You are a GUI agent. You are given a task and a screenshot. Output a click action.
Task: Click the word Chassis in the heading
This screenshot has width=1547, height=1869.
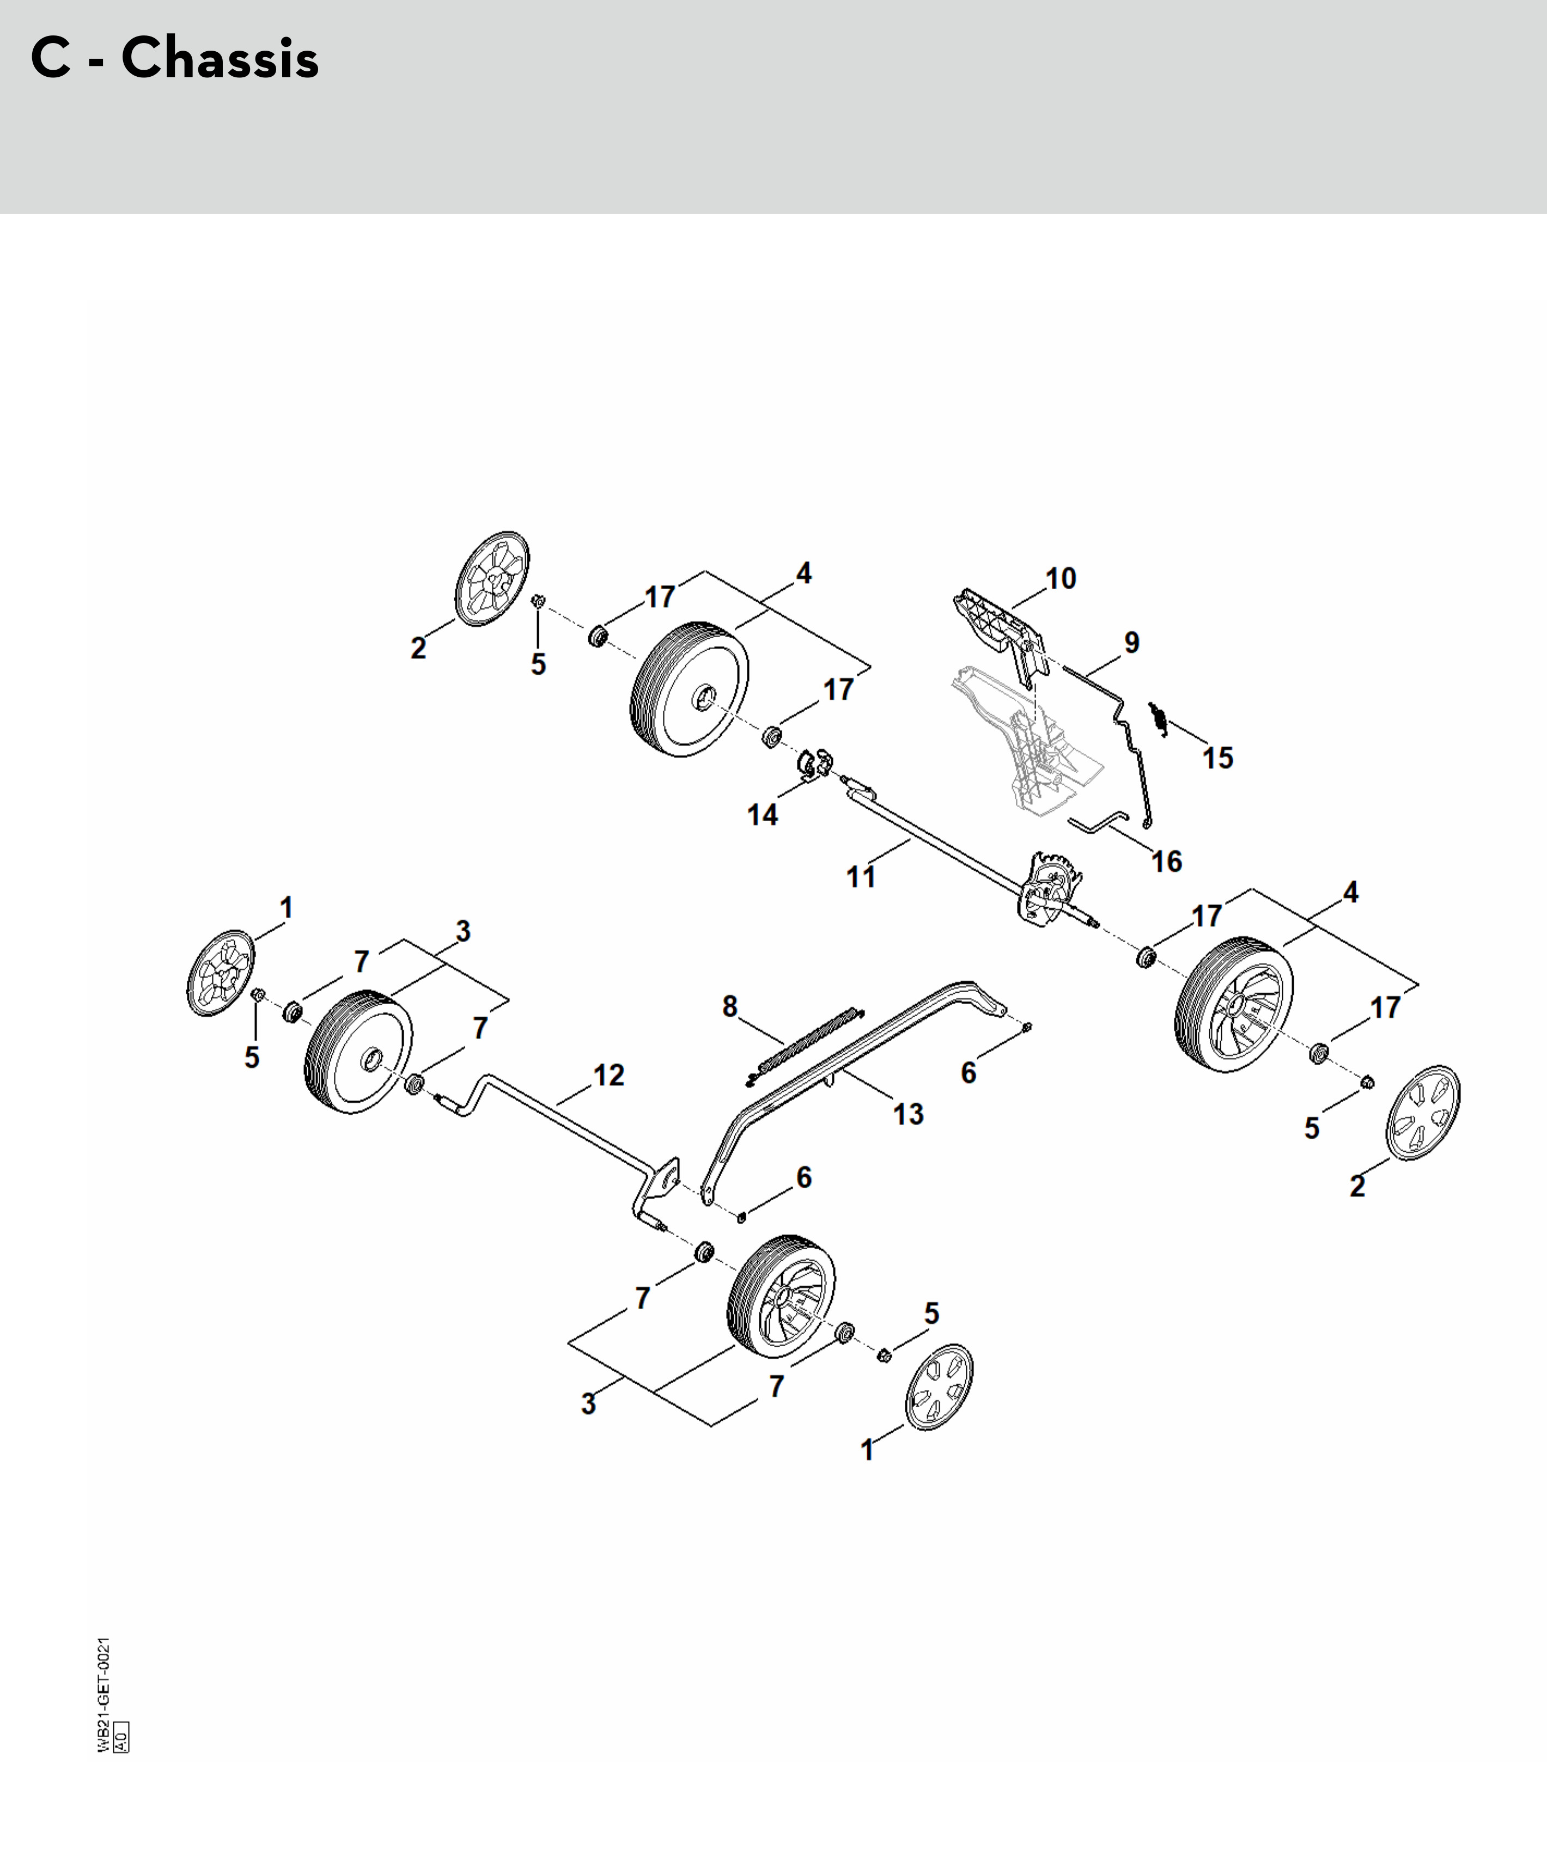(220, 59)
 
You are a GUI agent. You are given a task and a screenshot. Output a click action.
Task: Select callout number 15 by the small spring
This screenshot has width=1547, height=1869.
(1217, 758)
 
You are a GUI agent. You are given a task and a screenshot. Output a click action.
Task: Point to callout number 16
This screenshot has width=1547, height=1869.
(1166, 862)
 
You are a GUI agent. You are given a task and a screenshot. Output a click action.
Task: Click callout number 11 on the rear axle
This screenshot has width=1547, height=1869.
(861, 877)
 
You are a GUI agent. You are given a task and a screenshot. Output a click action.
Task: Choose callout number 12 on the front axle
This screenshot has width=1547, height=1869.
(609, 1075)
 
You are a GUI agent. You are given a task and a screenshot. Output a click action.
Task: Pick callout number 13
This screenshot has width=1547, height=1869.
(908, 1114)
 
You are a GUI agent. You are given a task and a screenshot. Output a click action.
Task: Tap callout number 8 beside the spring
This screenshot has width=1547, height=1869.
(730, 1006)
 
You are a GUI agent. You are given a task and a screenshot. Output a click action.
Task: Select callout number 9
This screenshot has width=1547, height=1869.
(1131, 643)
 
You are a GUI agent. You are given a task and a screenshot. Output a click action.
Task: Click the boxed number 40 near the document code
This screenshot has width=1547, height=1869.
(122, 1736)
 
